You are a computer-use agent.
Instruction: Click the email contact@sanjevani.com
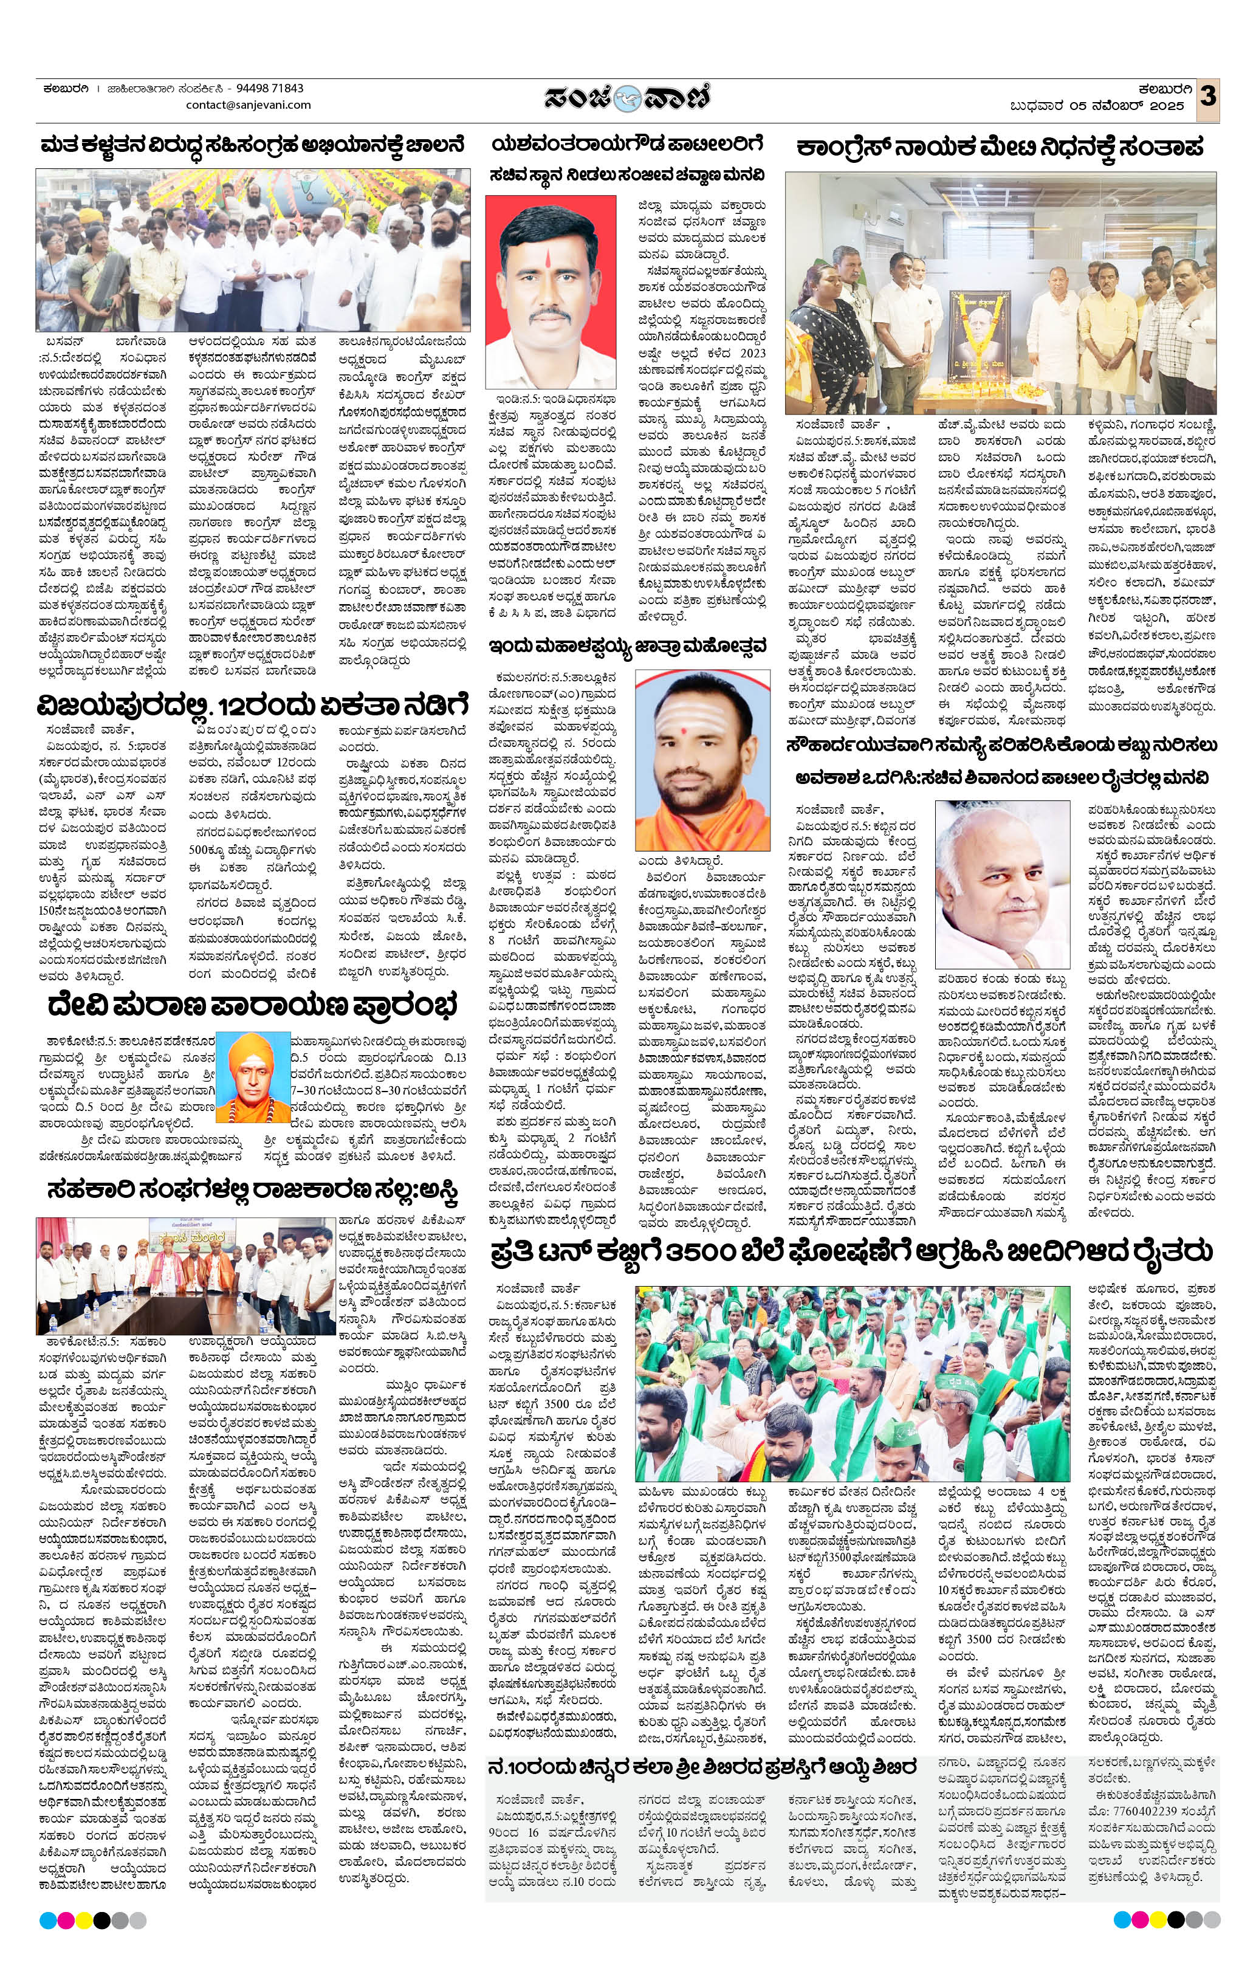249,105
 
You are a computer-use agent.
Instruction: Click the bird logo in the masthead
628,98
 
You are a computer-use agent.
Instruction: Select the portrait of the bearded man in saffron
702,760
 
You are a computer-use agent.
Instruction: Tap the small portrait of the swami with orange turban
253,1076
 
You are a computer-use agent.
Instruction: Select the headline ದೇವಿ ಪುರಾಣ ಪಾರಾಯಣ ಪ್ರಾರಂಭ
252,1005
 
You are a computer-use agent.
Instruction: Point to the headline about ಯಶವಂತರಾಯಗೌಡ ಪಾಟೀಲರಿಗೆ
627,144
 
